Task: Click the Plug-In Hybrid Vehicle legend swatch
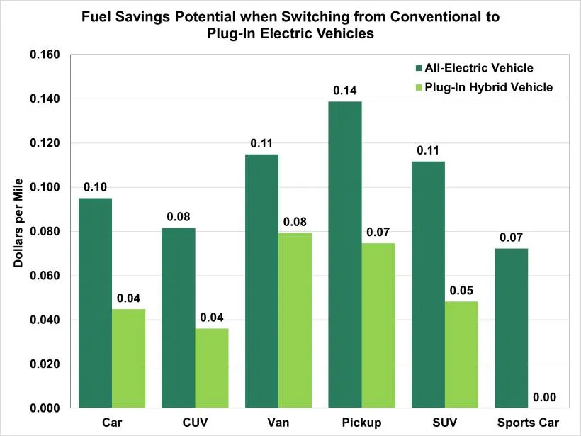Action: pyautogui.click(x=418, y=87)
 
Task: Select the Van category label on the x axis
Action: pyautogui.click(x=278, y=423)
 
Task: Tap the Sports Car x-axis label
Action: pyautogui.click(x=527, y=423)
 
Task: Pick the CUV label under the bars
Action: pyautogui.click(x=195, y=423)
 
